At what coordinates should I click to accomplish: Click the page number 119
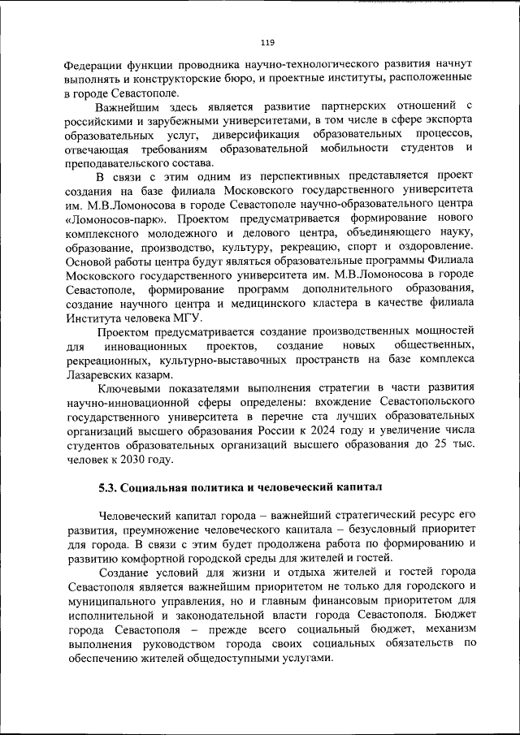pos(266,43)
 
